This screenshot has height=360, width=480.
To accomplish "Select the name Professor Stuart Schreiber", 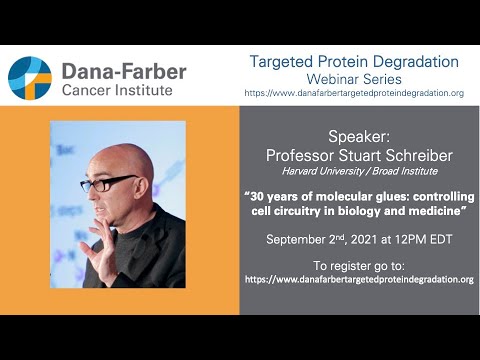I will pyautogui.click(x=358, y=154).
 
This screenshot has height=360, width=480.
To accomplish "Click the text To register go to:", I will pyautogui.click(x=358, y=266).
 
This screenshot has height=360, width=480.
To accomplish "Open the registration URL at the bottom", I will pyautogui.click(x=358, y=279).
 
